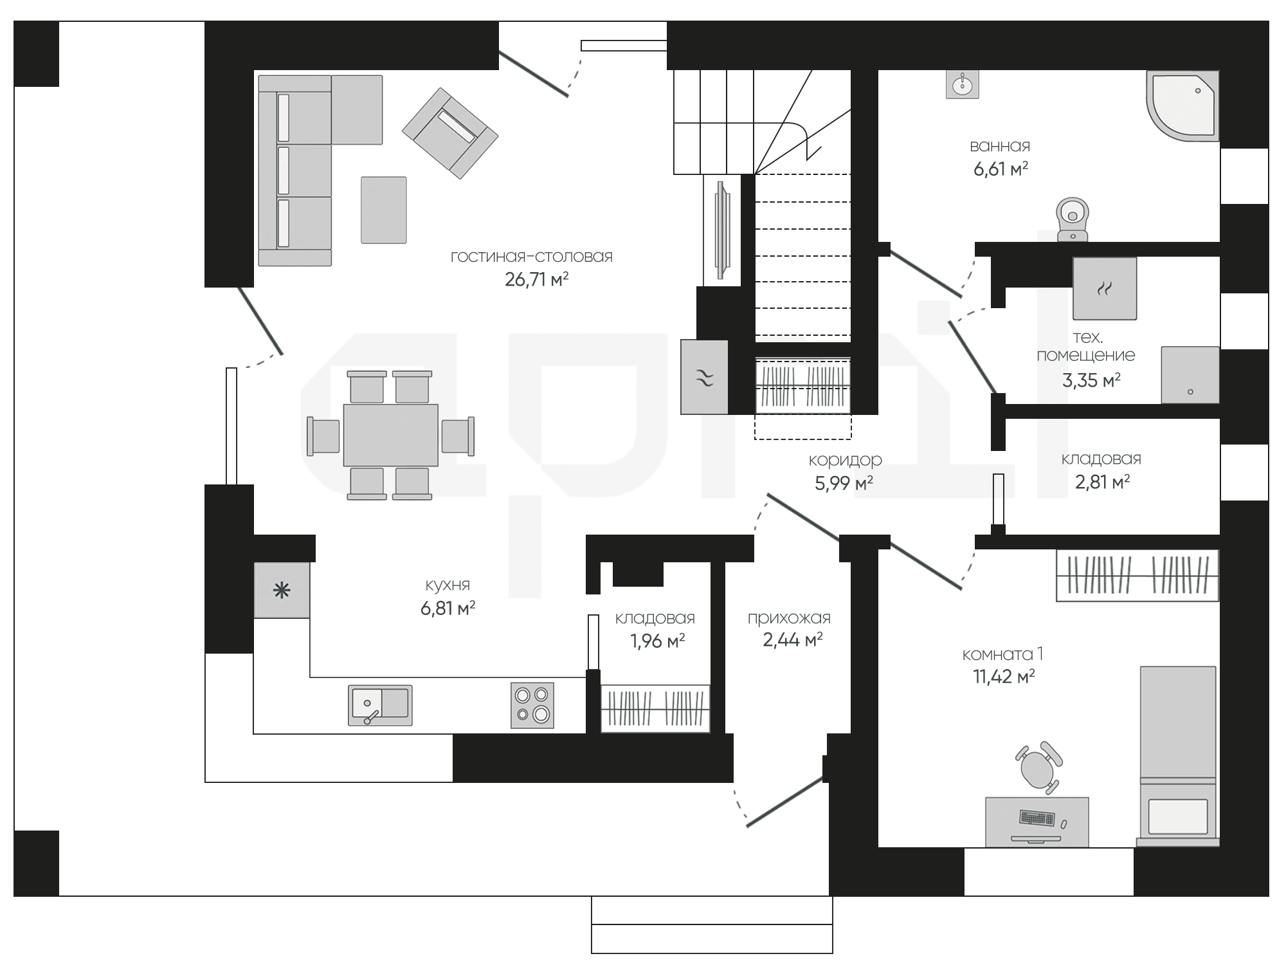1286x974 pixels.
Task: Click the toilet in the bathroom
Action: click(1073, 219)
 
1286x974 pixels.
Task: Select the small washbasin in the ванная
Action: click(963, 84)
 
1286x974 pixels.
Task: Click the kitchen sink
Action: click(380, 705)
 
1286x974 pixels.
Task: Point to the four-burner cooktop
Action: click(532, 705)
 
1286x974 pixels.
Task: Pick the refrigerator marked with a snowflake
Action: click(282, 590)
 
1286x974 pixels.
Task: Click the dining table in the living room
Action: click(390, 435)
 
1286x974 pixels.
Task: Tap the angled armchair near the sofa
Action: click(450, 133)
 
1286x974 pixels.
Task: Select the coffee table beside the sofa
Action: click(383, 210)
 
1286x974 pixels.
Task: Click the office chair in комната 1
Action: click(1038, 767)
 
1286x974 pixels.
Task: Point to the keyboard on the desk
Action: click(1037, 818)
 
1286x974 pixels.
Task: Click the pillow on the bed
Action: click(1178, 816)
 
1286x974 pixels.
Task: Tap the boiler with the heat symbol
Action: click(1104, 288)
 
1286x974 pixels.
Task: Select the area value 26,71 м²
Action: click(537, 279)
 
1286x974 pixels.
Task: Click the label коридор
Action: click(844, 459)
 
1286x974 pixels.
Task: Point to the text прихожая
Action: click(789, 618)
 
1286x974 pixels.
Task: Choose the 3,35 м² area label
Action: click(1091, 380)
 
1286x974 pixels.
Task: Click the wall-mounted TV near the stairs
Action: click(722, 230)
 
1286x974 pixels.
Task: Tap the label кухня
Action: click(448, 585)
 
